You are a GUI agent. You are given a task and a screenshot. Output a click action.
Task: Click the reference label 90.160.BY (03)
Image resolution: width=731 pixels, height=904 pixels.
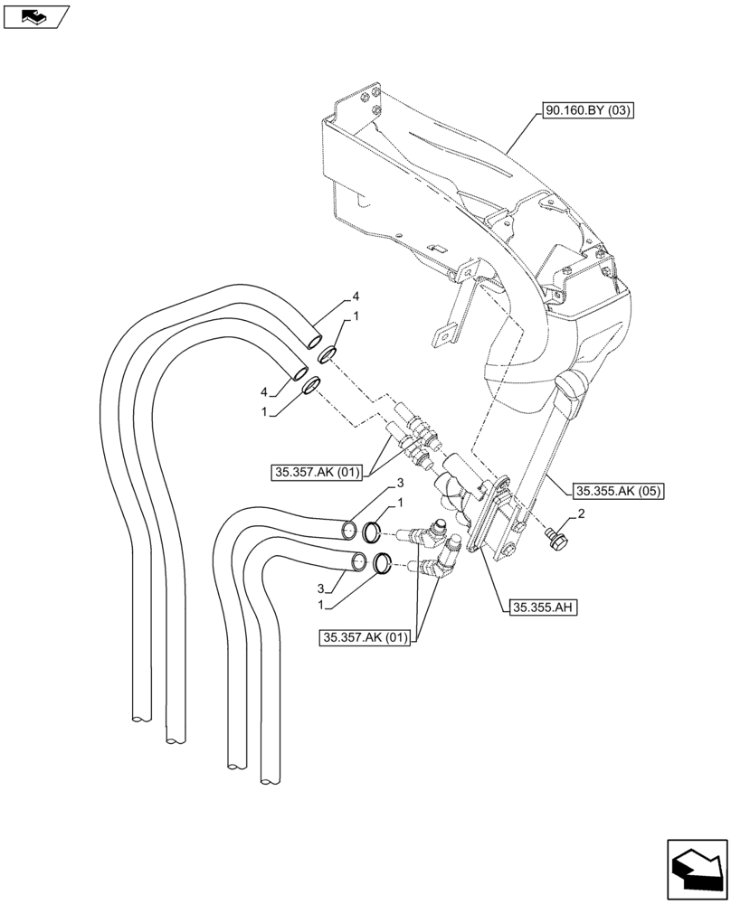tap(588, 112)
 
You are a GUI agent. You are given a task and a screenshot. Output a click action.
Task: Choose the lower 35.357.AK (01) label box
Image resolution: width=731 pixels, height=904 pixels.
tap(365, 638)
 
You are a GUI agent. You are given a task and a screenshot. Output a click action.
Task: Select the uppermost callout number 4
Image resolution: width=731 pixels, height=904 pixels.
tap(356, 297)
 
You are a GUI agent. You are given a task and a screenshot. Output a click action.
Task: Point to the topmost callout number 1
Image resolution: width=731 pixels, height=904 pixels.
tap(356, 317)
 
